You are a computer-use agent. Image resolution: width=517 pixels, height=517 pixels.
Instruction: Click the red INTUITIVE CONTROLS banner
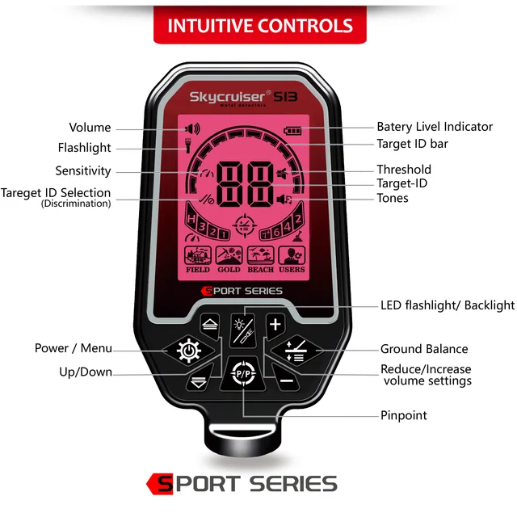click(x=259, y=25)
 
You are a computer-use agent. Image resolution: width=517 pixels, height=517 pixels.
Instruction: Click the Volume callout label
click(x=90, y=128)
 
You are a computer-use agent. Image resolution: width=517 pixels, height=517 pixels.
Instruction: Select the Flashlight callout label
click(x=84, y=148)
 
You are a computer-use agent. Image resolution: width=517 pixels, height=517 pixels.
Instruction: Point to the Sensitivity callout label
click(x=83, y=171)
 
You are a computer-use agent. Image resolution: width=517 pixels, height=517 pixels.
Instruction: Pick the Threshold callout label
click(x=404, y=170)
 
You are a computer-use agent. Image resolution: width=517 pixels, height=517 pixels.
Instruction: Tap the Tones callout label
click(x=393, y=198)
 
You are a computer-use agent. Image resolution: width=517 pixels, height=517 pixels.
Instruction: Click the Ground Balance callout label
click(x=424, y=350)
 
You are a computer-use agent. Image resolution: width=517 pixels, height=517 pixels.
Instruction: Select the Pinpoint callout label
click(x=404, y=415)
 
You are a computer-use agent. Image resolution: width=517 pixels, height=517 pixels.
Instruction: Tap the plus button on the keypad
click(x=275, y=325)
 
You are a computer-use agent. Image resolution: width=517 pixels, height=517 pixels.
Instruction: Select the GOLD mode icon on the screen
click(x=229, y=259)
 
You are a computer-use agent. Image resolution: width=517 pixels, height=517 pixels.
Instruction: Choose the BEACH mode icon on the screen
click(x=260, y=259)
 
